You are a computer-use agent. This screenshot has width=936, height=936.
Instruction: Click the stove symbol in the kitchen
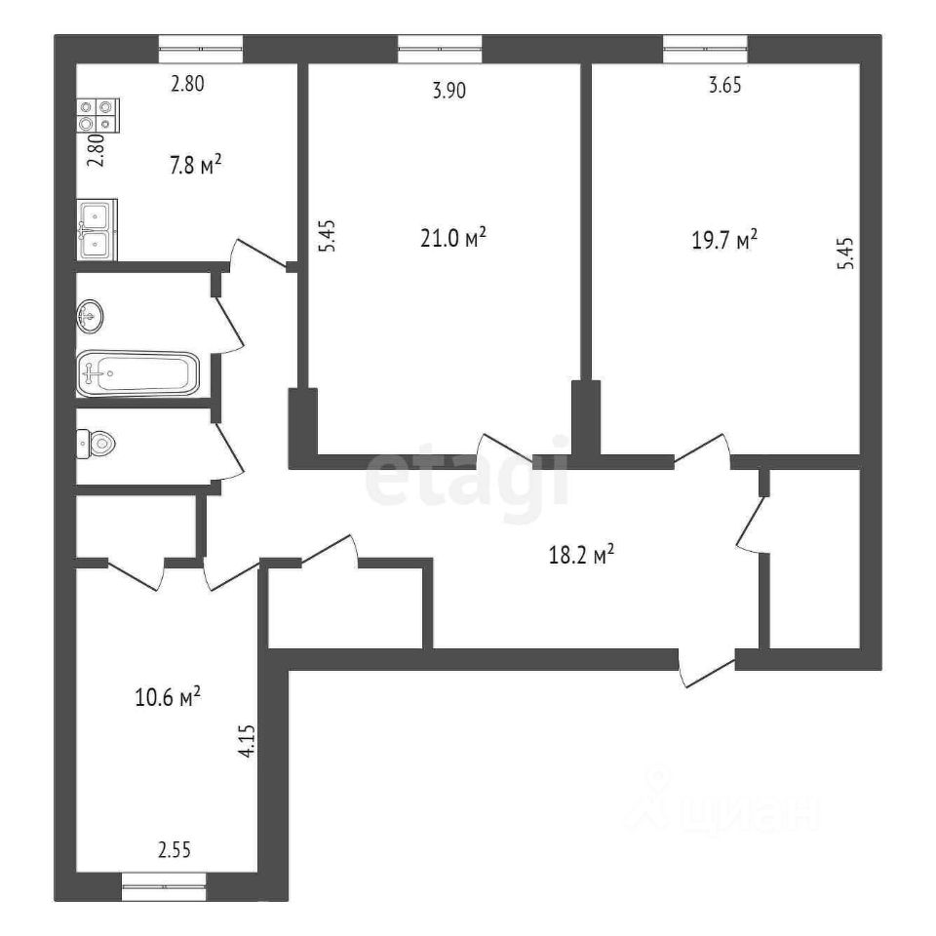tap(97, 115)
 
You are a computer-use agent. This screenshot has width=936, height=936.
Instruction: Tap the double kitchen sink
tap(97, 230)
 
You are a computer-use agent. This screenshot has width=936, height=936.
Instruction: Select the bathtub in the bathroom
tap(137, 374)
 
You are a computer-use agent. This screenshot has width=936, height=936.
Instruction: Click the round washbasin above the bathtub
tap(90, 316)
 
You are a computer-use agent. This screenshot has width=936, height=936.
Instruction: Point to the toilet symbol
tap(96, 445)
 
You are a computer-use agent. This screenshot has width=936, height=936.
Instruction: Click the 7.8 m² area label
tap(196, 164)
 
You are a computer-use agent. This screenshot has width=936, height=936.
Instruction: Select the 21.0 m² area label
tap(453, 238)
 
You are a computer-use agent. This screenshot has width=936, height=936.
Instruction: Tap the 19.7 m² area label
tap(724, 241)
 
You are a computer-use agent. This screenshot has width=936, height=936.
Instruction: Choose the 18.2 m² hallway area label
tap(581, 556)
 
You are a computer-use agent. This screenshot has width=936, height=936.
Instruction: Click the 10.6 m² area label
tap(168, 696)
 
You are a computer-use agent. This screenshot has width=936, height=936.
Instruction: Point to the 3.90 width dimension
tap(448, 91)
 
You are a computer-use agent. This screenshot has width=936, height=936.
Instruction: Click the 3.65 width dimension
tap(725, 86)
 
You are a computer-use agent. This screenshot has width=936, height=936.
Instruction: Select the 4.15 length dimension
tap(247, 741)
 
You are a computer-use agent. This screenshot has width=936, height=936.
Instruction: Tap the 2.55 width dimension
tap(175, 849)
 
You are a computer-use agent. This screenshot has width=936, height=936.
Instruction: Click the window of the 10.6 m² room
tap(164, 886)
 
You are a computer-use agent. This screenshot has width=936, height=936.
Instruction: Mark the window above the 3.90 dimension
tap(440, 49)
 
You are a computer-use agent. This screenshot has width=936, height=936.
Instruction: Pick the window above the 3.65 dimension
tap(705, 49)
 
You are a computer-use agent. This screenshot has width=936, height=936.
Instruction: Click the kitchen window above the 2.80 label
tap(201, 49)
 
